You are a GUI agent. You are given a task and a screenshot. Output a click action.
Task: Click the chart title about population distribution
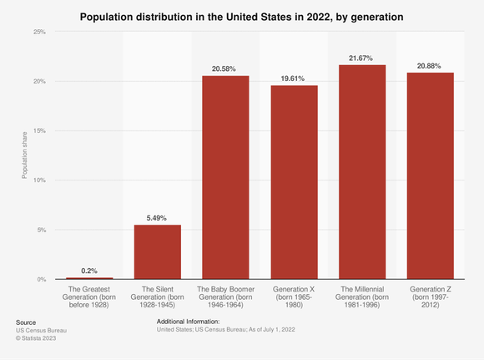pos(242,16)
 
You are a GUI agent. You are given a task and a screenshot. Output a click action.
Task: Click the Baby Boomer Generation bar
pos(225,177)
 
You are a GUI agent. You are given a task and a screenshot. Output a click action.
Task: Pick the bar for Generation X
pos(294,182)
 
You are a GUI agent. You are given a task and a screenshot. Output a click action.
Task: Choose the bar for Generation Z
pos(430,175)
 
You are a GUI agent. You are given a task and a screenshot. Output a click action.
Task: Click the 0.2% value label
pos(89,271)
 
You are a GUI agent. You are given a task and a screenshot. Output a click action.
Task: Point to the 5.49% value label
pos(158,218)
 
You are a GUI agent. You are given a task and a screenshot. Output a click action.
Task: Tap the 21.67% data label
pos(361,58)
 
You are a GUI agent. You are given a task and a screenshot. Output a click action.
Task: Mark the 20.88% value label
pos(430,66)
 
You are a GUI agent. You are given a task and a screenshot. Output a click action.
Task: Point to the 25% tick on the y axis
pos(39,32)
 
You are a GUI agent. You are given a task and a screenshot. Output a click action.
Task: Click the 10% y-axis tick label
pos(39,180)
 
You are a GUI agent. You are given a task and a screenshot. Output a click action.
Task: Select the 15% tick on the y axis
pos(39,131)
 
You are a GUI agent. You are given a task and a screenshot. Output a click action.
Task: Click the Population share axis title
pos(25,155)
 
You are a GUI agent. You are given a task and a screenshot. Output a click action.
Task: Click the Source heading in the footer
pos(26,322)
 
